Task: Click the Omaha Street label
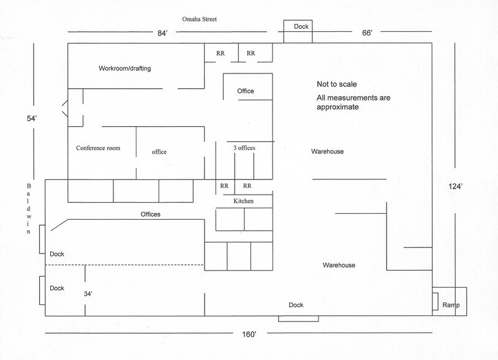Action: click(x=200, y=19)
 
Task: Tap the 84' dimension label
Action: click(x=162, y=33)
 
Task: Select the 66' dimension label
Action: click(x=367, y=32)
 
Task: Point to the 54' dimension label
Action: click(x=32, y=118)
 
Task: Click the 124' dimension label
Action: click(x=455, y=186)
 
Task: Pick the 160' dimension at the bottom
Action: click(x=249, y=334)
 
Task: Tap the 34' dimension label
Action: click(x=88, y=294)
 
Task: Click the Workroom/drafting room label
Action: click(x=125, y=68)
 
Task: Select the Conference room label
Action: click(x=98, y=148)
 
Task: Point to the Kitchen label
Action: click(x=244, y=201)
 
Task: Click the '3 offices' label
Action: click(x=244, y=148)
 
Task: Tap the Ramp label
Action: click(x=451, y=305)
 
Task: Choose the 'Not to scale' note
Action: click(x=337, y=84)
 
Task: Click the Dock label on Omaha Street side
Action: click(x=301, y=27)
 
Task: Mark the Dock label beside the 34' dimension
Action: click(x=57, y=288)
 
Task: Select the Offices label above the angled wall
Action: click(x=151, y=214)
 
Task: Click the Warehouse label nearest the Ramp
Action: click(x=339, y=265)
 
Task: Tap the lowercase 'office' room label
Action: click(x=159, y=152)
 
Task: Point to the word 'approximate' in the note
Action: click(x=338, y=107)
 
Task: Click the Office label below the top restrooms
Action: click(x=246, y=91)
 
